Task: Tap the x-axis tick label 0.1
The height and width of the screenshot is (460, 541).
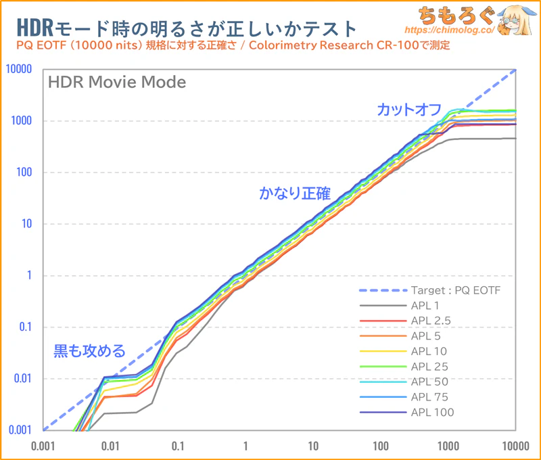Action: [x=178, y=446]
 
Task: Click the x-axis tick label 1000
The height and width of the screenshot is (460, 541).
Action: [x=448, y=446]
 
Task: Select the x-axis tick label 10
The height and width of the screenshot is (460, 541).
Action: [x=312, y=446]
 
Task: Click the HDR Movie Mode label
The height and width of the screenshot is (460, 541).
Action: [x=116, y=84]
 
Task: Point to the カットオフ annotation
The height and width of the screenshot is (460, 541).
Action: [x=410, y=109]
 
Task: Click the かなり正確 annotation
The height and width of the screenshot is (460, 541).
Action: [x=295, y=193]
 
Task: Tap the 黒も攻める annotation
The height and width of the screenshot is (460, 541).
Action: [x=90, y=351]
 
